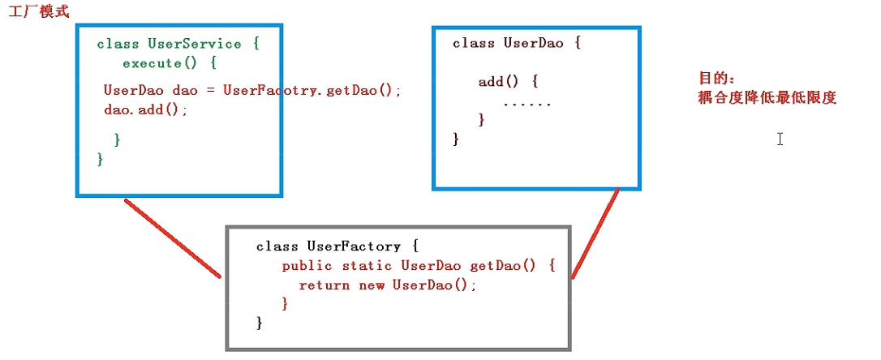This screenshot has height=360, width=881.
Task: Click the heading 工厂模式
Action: pyautogui.click(x=40, y=12)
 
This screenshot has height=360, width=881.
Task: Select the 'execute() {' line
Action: pyautogui.click(x=170, y=62)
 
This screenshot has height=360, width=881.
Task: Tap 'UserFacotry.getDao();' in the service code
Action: pyautogui.click(x=312, y=90)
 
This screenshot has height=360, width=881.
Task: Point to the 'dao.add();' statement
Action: pyautogui.click(x=146, y=109)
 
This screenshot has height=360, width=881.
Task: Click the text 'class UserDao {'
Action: pyautogui.click(x=517, y=44)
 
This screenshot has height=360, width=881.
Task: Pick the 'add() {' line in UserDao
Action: pyautogui.click(x=509, y=82)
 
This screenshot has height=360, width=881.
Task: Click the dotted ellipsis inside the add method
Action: pyautogui.click(x=527, y=103)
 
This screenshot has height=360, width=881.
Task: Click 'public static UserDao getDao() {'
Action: pyautogui.click(x=419, y=266)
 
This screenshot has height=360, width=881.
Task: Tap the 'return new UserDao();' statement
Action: pyautogui.click(x=388, y=285)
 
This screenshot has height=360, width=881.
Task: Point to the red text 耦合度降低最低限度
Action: pyautogui.click(x=767, y=98)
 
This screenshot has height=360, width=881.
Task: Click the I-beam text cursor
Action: pyautogui.click(x=780, y=139)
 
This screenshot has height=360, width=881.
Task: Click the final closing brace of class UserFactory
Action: pyautogui.click(x=259, y=324)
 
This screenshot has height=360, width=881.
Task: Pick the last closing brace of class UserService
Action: pyautogui.click(x=100, y=160)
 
